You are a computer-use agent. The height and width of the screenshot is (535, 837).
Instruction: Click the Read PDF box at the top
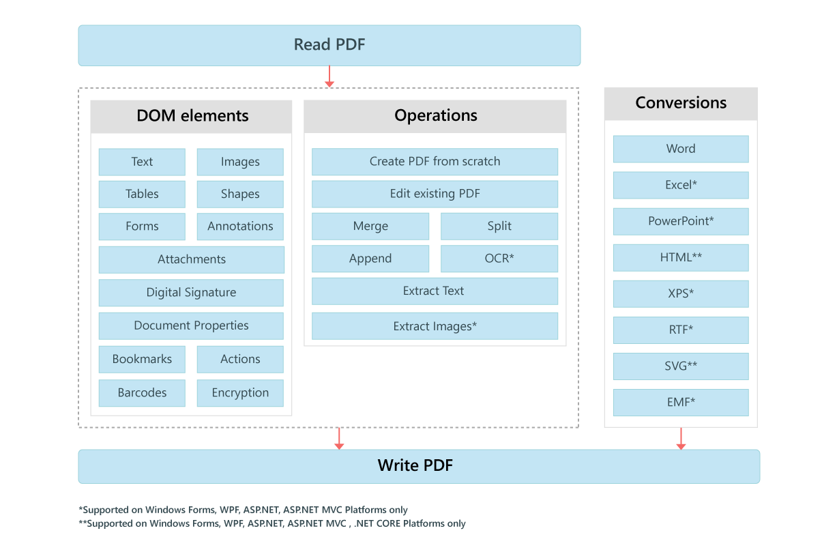tap(329, 45)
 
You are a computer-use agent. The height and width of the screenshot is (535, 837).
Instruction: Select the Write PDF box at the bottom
tap(419, 466)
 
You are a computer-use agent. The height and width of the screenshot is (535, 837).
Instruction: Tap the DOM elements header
tap(192, 116)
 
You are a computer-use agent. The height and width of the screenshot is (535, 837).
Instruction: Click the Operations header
tap(435, 116)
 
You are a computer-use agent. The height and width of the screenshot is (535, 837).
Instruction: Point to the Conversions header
tap(680, 104)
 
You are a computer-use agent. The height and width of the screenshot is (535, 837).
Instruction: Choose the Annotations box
tap(240, 227)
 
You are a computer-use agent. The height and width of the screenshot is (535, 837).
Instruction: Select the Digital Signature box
tap(191, 293)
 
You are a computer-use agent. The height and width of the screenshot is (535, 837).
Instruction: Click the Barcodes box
tap(142, 393)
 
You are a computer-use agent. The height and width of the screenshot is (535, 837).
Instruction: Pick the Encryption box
tap(240, 393)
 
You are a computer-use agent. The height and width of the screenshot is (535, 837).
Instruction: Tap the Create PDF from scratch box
tap(435, 162)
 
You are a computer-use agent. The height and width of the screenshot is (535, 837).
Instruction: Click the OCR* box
tap(499, 259)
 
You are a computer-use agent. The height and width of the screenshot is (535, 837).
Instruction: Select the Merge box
tap(370, 227)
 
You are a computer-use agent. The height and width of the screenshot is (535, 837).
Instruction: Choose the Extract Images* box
tap(435, 326)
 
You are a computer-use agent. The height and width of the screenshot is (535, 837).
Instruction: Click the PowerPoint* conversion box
tap(681, 222)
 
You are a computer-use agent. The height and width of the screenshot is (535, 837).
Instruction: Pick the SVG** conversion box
tap(681, 366)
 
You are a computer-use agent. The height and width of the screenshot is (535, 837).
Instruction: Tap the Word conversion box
tap(681, 149)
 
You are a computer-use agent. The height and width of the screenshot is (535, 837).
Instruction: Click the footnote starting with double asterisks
tap(272, 524)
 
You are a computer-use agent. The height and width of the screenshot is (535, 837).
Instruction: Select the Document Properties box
tap(191, 326)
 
